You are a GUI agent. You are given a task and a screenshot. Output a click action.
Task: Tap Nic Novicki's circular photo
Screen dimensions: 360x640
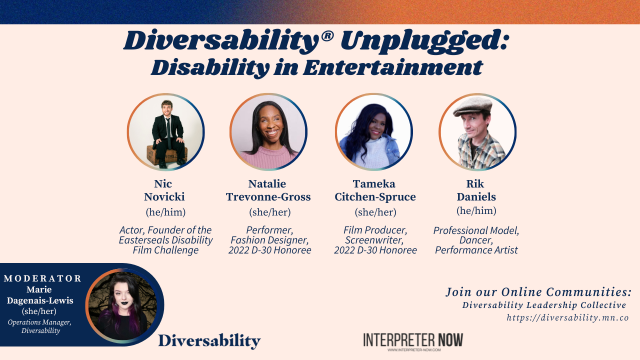point(165,132)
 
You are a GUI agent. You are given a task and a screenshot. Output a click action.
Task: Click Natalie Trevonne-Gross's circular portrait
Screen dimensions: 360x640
point(268,132)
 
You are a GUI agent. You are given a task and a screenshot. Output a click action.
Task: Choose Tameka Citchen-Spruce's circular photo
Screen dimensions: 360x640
point(373,132)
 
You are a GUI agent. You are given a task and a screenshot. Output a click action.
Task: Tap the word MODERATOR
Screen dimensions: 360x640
point(42,278)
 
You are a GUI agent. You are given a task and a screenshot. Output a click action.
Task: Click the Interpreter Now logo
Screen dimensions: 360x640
point(413,341)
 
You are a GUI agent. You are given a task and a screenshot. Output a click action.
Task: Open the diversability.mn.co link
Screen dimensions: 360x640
point(567,317)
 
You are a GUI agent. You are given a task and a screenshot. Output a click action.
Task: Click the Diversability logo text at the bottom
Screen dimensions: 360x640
point(209,341)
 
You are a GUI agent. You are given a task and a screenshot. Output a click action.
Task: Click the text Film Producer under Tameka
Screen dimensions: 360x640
point(375,230)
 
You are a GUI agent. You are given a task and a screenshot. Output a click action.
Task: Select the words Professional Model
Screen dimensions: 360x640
point(476,230)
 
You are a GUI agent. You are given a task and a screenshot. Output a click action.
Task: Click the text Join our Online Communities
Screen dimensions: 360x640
point(538,292)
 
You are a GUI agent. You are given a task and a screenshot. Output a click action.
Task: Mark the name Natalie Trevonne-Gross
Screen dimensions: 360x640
point(268,190)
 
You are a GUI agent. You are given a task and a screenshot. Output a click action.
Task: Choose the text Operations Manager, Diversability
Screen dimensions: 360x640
point(40,326)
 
